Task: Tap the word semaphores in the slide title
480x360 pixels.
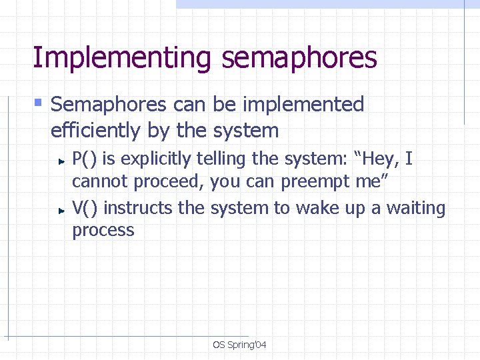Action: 299,58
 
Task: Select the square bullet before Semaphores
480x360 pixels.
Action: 38,103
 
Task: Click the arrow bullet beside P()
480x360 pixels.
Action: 60,161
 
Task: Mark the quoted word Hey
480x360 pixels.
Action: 379,159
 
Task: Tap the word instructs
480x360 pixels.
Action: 139,209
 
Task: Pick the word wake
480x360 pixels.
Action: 319,209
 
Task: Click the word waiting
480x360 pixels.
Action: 415,209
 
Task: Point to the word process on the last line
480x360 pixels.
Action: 103,231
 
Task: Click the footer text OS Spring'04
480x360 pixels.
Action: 239,345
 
